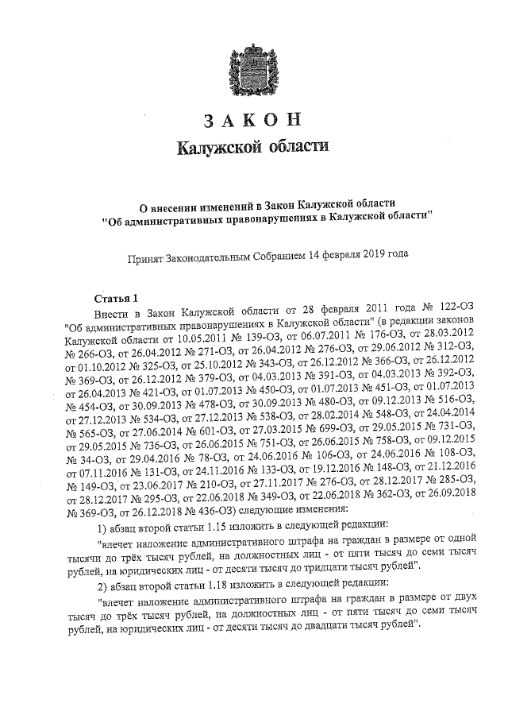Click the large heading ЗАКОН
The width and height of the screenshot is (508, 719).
pyautogui.click(x=255, y=121)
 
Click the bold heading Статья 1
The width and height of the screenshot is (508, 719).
pyautogui.click(x=117, y=298)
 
